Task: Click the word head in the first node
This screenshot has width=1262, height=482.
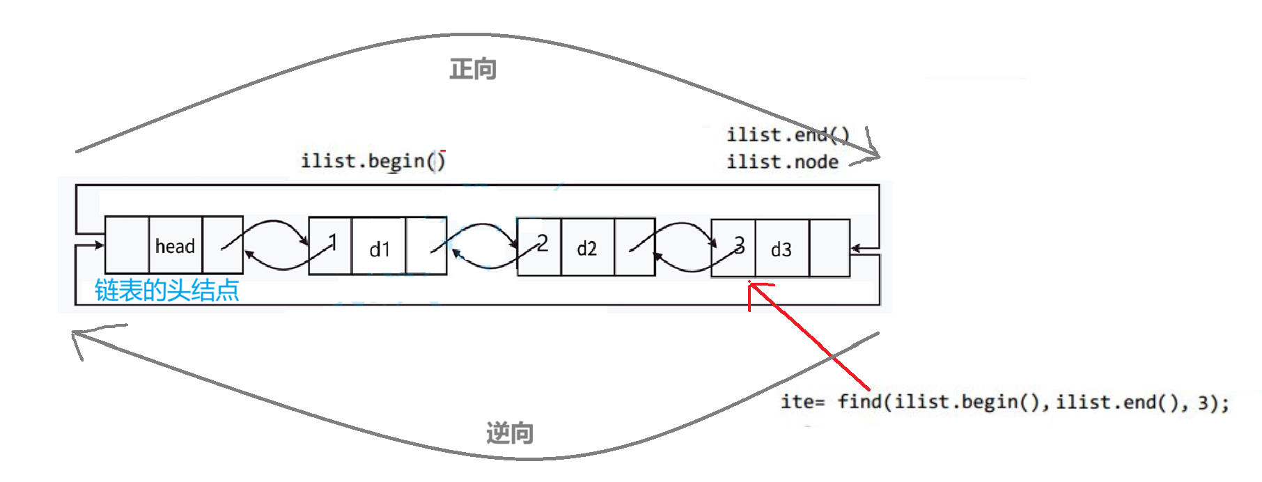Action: (x=175, y=246)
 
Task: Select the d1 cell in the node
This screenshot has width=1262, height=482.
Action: (x=380, y=249)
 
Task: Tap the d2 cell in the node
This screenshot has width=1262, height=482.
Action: (x=586, y=249)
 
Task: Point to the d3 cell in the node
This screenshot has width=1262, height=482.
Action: (x=781, y=249)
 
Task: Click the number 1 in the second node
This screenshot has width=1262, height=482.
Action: (x=333, y=242)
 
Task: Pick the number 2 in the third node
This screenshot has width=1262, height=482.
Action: (x=543, y=243)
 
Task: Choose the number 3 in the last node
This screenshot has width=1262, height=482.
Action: (x=739, y=244)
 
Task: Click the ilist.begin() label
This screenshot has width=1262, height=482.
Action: (x=373, y=161)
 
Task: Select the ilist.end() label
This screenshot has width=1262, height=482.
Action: (x=787, y=134)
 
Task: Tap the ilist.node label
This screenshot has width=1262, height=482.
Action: (x=782, y=162)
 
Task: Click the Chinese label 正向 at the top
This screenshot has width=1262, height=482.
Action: (x=472, y=69)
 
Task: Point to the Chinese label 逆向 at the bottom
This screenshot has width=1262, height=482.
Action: (x=509, y=433)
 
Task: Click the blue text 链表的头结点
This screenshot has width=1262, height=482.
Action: (x=167, y=290)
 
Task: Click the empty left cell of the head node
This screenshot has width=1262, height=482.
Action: (x=127, y=245)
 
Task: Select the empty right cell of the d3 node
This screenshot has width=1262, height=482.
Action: (x=829, y=248)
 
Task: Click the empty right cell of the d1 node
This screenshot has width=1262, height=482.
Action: (x=426, y=245)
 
